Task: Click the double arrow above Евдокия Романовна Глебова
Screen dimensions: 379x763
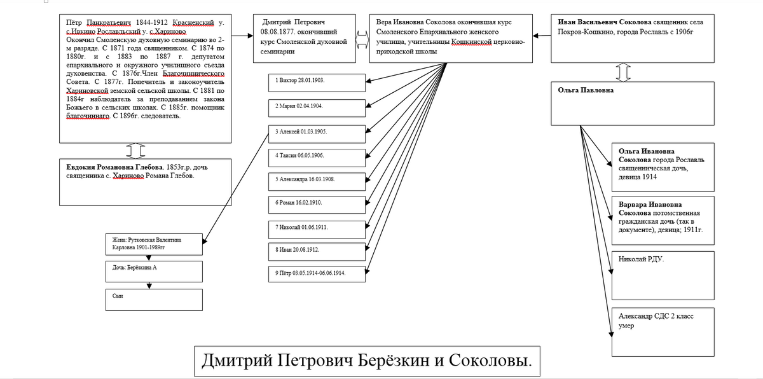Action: [x=135, y=150]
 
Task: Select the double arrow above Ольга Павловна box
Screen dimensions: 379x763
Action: [x=624, y=72]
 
